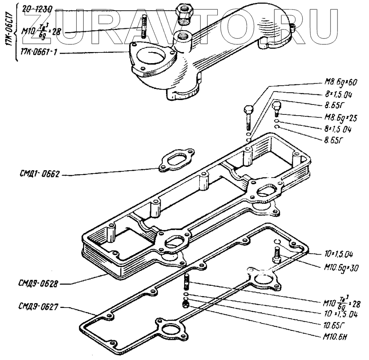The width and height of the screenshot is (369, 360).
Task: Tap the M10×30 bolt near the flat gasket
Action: (x=276, y=256)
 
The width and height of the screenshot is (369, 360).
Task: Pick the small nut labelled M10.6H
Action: (x=185, y=304)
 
